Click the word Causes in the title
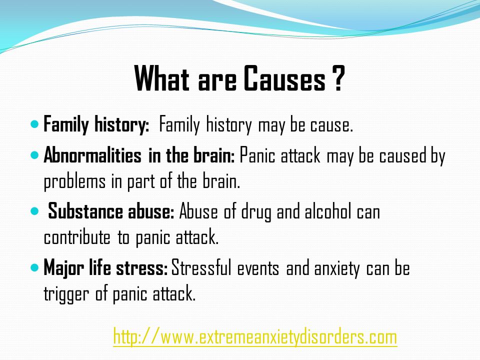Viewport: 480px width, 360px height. (284, 78)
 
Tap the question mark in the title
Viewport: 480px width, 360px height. (338, 78)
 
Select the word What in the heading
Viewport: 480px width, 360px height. (161, 78)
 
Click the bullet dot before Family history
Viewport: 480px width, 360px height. (35, 124)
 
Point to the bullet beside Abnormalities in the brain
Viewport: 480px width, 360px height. (35, 155)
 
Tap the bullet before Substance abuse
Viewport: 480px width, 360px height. (35, 211)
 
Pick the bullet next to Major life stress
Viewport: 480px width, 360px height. (35, 268)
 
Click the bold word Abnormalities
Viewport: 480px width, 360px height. (92, 155)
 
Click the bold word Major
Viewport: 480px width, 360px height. (63, 268)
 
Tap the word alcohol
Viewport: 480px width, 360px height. (328, 211)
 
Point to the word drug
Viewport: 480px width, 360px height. (256, 212)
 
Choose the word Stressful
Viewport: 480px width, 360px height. (201, 267)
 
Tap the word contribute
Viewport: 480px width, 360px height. (77, 237)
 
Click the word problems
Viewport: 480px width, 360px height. (74, 182)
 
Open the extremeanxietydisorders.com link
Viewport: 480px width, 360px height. (255, 337)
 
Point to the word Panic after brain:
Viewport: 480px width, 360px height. (257, 155)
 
